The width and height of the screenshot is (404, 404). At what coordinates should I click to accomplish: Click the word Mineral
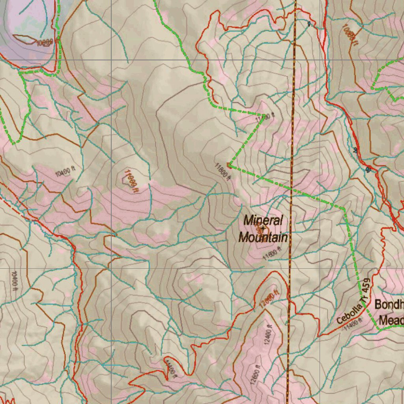263,220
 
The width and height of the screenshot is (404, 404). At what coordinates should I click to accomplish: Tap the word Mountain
263,238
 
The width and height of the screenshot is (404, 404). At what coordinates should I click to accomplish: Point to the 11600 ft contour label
273,253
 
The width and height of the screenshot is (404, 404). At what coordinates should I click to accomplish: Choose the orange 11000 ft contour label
131,181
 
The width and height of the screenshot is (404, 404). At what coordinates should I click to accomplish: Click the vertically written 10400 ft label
15,281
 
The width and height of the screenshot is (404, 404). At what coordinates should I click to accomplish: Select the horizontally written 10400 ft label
65,171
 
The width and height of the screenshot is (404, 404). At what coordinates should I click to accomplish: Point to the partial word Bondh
389,305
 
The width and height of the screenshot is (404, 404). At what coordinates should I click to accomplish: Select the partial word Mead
391,320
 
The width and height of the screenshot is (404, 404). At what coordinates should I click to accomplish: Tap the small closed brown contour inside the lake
25,38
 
